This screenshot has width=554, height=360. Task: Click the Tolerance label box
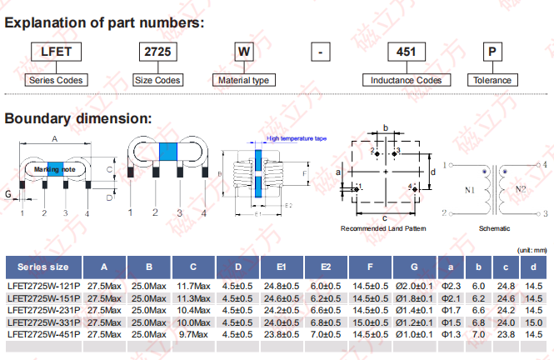point(492,81)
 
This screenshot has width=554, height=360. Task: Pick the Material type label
point(243,81)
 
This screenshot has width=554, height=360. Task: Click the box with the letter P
point(493,52)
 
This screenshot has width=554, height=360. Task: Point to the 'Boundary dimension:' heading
point(78,118)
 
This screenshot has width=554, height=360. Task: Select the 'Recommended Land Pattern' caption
point(382,227)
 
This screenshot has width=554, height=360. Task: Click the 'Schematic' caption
point(493,227)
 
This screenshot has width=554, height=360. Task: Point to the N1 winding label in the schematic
point(470,190)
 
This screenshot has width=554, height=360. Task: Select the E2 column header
point(325,267)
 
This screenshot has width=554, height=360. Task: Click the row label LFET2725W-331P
point(43,322)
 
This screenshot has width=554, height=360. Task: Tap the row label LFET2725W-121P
point(43,286)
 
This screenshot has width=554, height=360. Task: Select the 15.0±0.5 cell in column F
point(370,322)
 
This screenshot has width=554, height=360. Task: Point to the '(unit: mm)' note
point(532,250)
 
